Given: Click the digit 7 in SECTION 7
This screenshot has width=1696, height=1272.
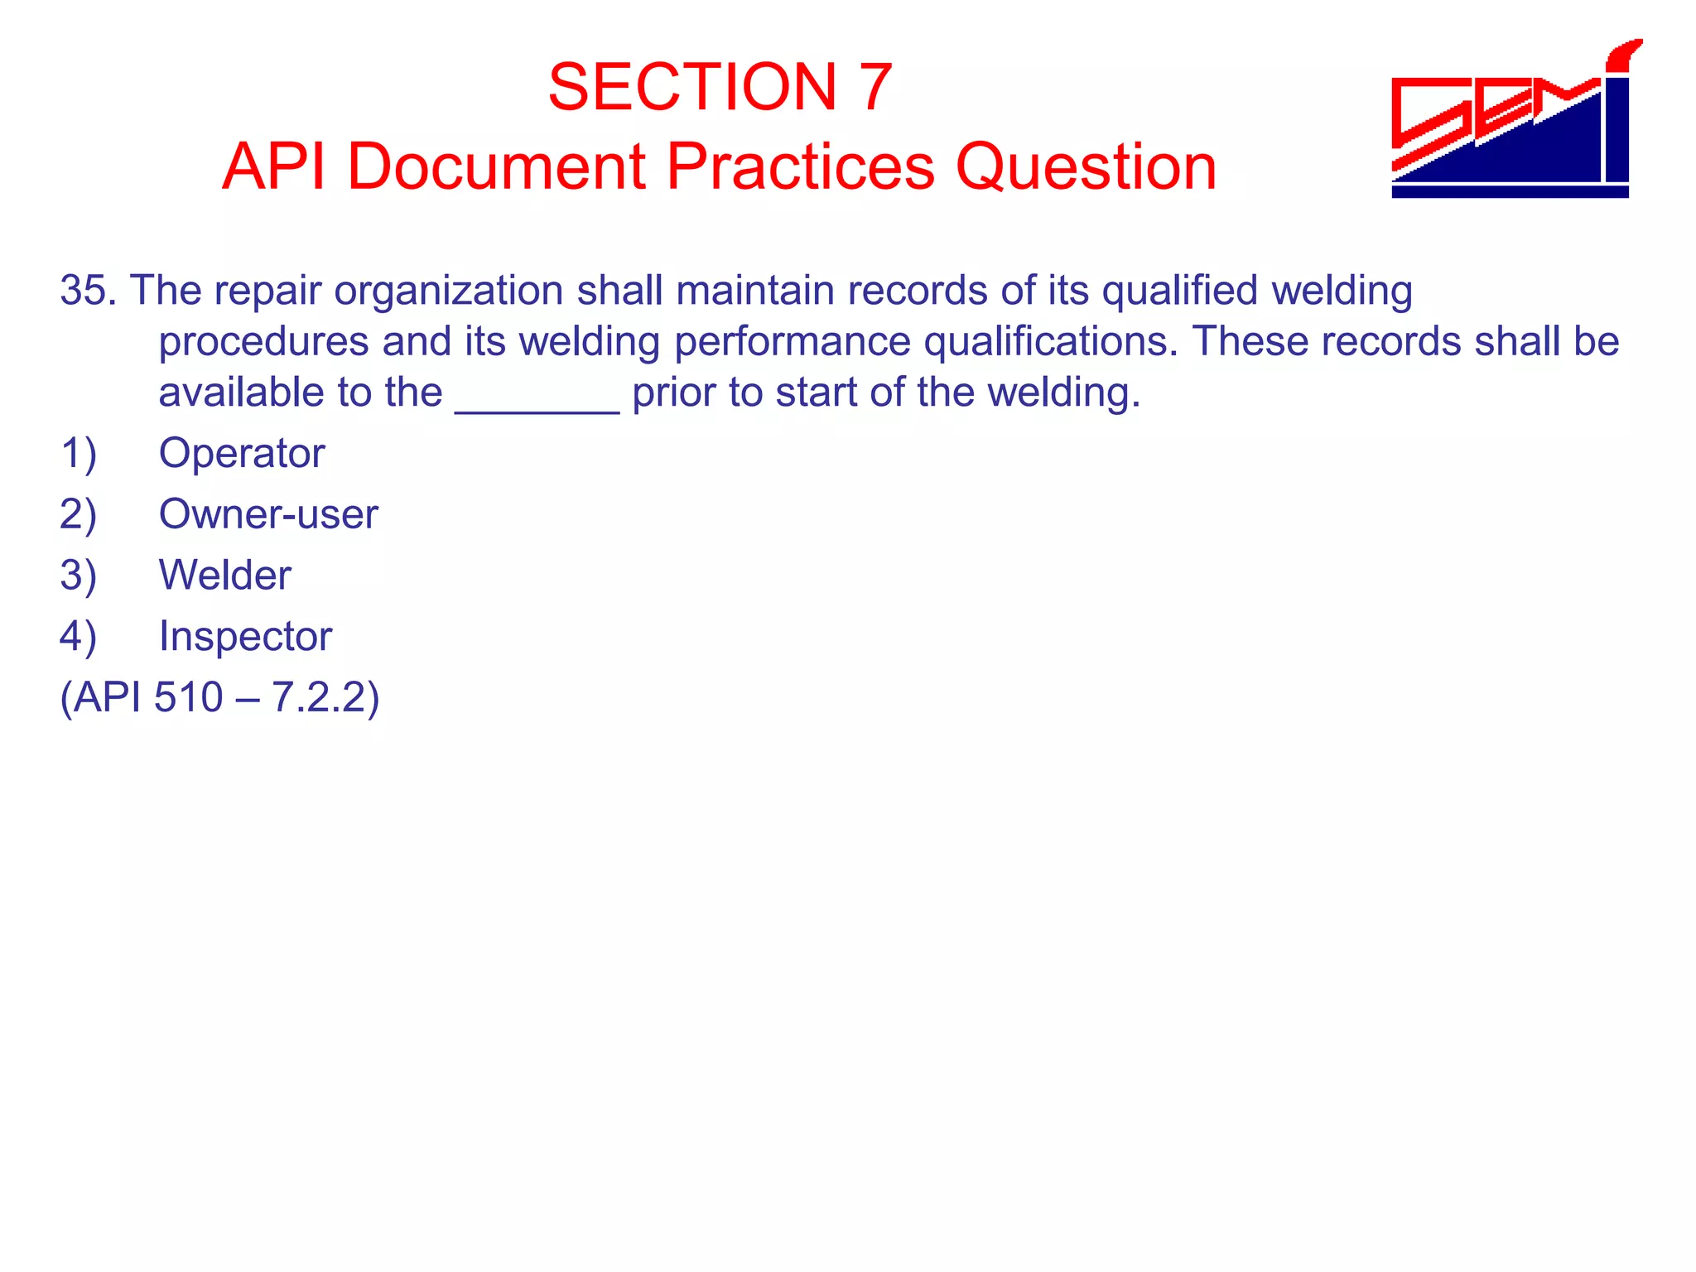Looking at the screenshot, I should point(875,87).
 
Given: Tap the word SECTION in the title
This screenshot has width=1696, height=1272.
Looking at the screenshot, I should point(692,87).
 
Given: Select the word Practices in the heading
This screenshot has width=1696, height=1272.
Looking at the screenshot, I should point(800,166).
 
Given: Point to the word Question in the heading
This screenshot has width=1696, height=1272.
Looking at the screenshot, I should point(1086,166).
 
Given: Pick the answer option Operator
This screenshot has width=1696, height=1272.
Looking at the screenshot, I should point(242,454).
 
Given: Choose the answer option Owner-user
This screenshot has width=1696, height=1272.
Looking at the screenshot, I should point(268,514).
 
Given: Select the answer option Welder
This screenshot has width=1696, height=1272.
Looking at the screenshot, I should point(225,576).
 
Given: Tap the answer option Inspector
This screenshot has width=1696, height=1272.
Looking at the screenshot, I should point(245,637).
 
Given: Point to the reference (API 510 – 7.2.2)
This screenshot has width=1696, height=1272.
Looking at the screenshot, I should point(219,697).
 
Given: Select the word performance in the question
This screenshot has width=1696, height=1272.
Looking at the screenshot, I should point(793,342).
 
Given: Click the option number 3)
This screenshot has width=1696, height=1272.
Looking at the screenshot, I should point(79,576).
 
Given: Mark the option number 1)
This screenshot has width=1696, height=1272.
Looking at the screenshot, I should point(79,454).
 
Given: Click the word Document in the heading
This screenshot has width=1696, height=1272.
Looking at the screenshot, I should point(495,166).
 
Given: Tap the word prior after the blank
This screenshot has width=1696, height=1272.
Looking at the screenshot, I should point(673,393).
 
